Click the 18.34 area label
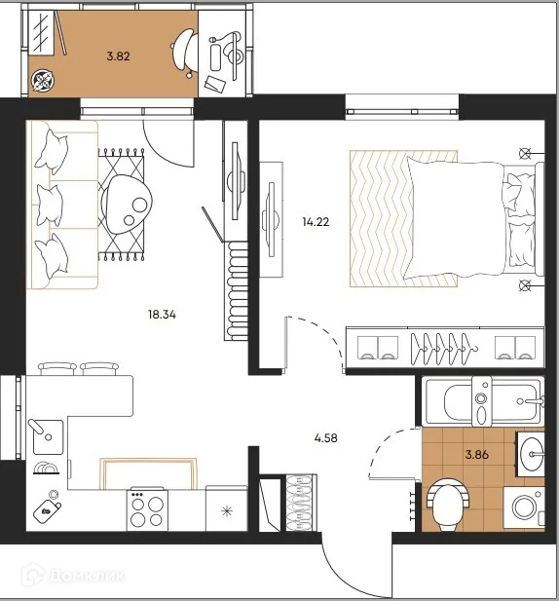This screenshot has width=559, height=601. coord(162,315)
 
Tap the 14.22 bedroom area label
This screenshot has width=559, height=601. coord(316,222)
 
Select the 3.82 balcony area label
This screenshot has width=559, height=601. coord(119,56)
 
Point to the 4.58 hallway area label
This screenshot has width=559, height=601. coord(325,437)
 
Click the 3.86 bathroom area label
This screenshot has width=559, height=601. coord(477,455)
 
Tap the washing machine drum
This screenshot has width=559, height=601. coord(524,507)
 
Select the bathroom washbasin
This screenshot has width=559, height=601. coord(532,454)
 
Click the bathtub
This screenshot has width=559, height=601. coord(483,401)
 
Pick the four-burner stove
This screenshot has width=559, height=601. coord(147,509)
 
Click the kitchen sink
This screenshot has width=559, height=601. coord(48,437)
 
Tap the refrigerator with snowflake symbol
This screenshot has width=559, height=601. coord(227,508)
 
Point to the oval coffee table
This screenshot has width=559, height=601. coord(127,205)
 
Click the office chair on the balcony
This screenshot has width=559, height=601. coord(184,53)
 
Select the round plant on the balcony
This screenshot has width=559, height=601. coord(43,81)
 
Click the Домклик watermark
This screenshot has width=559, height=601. coord(73,575)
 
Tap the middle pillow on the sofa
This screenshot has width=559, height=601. coord(50,206)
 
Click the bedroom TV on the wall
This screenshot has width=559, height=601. coord(272,219)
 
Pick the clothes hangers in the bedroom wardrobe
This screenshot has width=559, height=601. coord(444,349)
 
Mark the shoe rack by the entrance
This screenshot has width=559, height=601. coord(301,503)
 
